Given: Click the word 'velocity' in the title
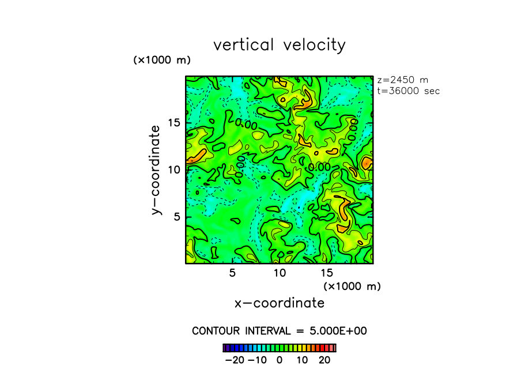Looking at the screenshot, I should (x=315, y=45).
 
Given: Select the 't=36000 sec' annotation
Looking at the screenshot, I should (x=408, y=91).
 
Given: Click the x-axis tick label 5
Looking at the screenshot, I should (x=232, y=273).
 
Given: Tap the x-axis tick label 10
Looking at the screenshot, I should (x=279, y=273).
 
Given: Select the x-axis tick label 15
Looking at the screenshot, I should (x=326, y=273).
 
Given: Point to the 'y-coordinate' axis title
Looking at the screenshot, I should (x=155, y=171).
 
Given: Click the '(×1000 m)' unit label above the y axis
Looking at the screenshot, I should (x=162, y=60).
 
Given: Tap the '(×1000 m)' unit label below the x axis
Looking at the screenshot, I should (x=352, y=286).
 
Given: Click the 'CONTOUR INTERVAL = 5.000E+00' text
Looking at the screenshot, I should (x=280, y=331).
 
